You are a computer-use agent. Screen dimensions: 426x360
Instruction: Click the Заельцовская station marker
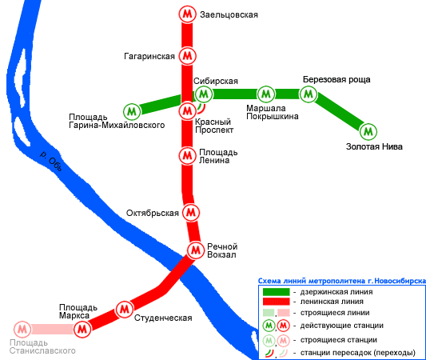point(188,14)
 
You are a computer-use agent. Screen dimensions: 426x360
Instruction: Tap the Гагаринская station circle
point(188,56)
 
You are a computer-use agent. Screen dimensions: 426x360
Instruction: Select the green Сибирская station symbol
point(204,94)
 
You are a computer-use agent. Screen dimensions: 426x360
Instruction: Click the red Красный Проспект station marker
point(188,111)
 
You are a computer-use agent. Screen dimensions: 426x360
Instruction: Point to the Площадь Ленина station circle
point(188,155)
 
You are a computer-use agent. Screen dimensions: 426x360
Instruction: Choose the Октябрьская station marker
point(191,212)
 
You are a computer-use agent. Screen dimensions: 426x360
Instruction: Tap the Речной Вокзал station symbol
point(196,250)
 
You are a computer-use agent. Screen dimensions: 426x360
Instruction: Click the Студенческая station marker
point(125,309)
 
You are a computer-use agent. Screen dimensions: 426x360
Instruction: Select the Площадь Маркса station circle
point(82,330)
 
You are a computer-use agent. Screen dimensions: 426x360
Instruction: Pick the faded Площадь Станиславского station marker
point(22,330)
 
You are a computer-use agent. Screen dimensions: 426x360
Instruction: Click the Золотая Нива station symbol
point(368,132)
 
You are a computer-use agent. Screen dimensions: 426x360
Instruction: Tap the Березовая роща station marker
point(309,94)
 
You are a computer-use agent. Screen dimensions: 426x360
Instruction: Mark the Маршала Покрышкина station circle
point(266,94)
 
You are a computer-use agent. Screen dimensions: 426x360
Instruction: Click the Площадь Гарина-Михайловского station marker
point(132,111)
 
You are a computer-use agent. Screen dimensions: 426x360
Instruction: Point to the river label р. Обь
point(51,161)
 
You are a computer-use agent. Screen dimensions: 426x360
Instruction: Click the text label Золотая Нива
point(374,147)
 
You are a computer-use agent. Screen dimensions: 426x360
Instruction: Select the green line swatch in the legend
point(277,292)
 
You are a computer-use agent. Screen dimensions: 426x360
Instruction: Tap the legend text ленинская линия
point(332,302)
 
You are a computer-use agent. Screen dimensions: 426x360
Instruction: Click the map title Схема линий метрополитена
point(312,281)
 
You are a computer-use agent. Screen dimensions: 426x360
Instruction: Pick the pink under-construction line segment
point(53,330)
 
